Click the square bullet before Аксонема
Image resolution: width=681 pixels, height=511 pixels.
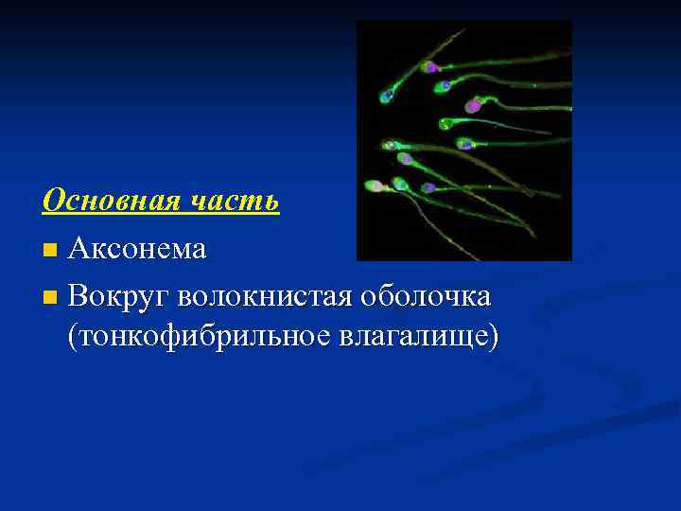pos(50,252)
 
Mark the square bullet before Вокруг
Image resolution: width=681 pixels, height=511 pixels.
pos(50,298)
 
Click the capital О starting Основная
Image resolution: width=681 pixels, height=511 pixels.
pos(54,201)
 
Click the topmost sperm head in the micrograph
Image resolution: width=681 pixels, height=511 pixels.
pos(430,66)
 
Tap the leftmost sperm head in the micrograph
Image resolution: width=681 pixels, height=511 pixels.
pos(374,185)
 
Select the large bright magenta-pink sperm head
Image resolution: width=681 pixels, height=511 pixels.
pos(473,107)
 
